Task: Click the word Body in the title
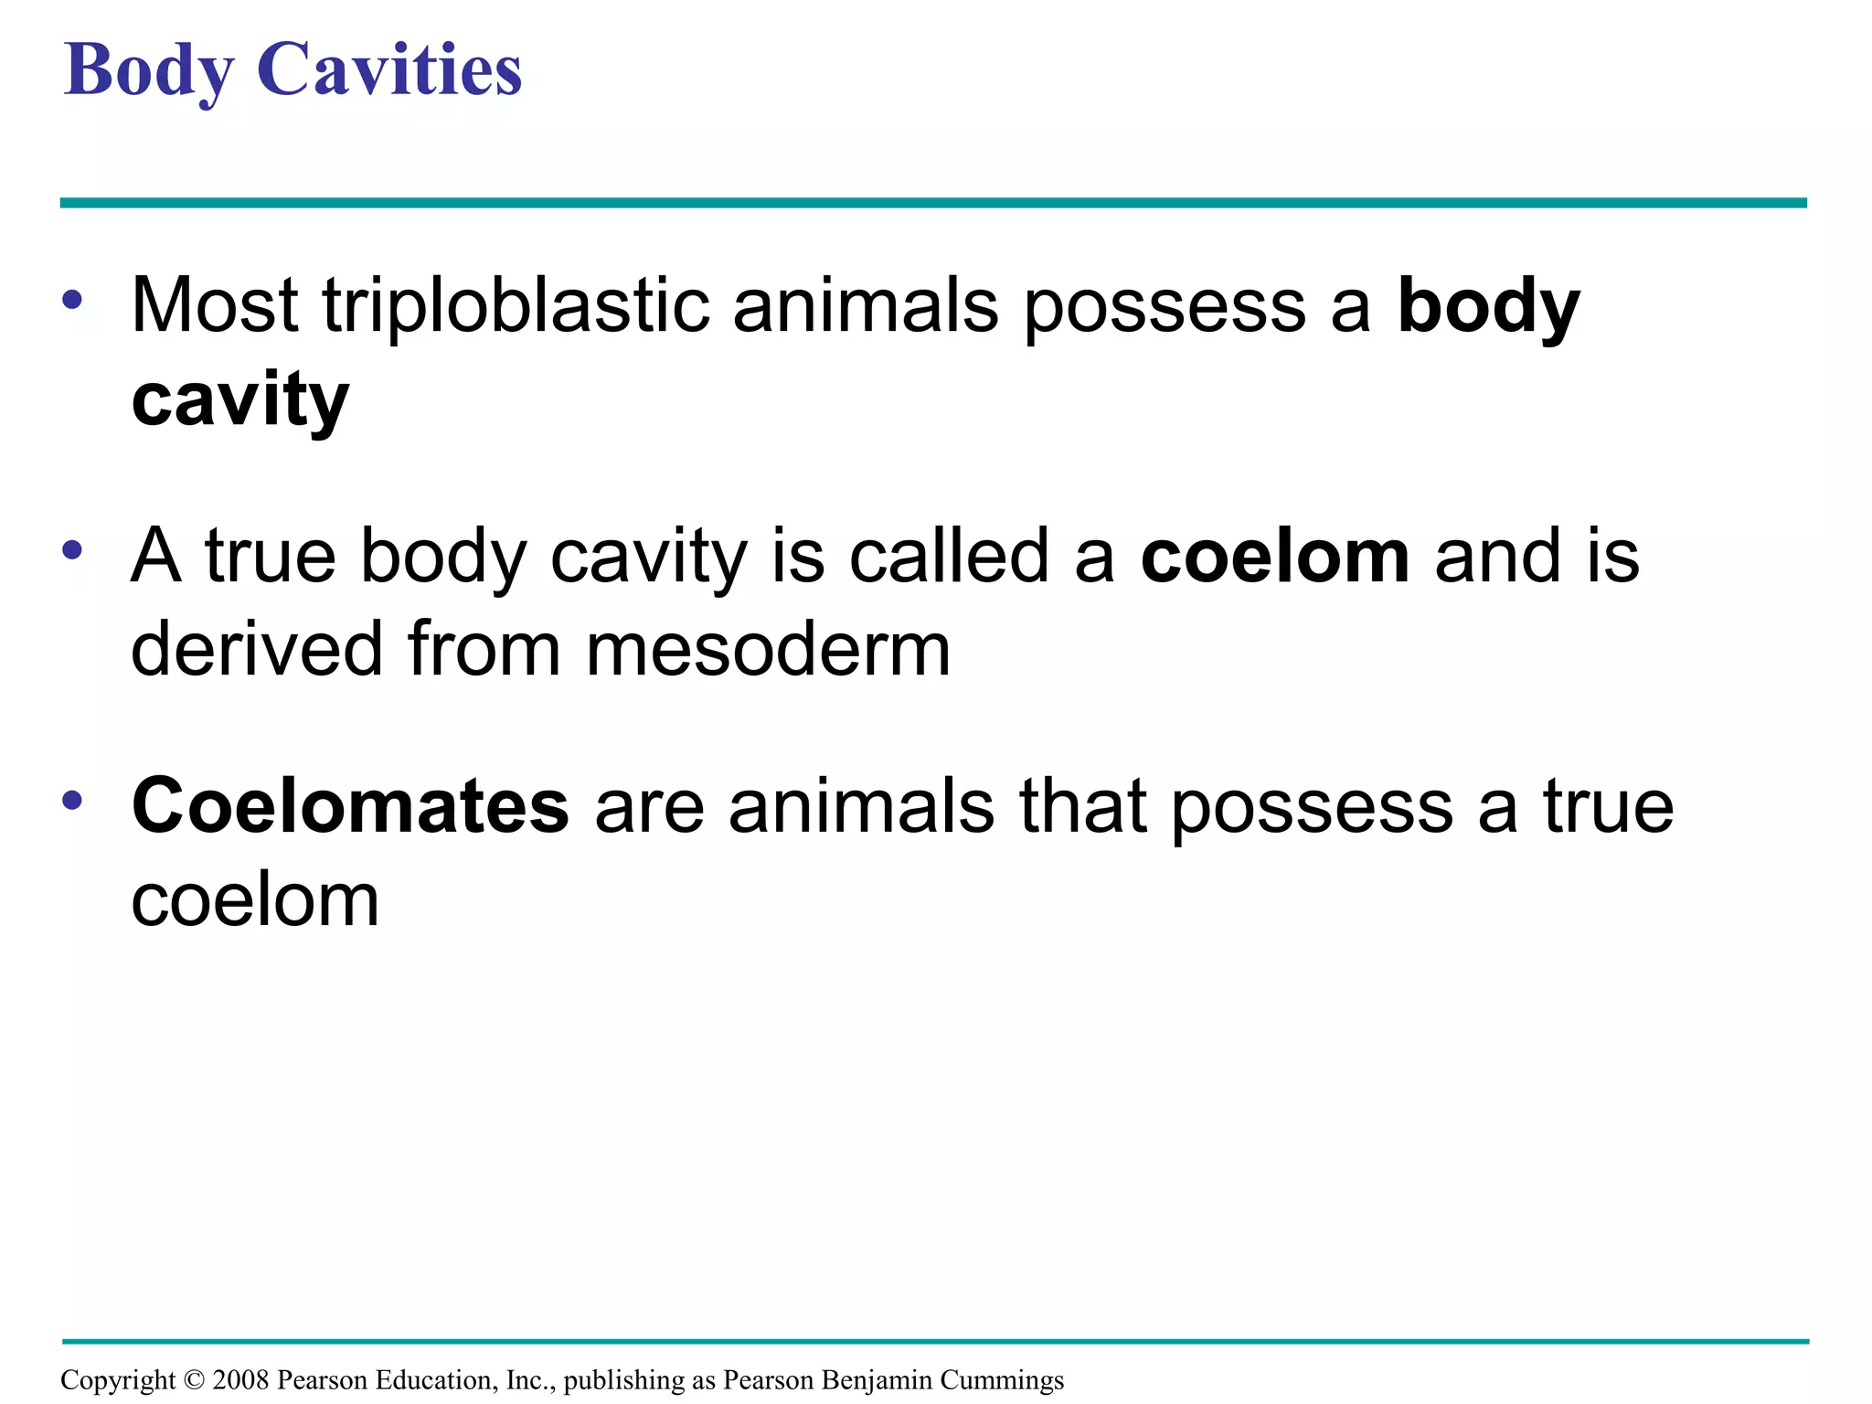pyautogui.click(x=149, y=71)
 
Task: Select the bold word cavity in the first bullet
pyautogui.click(x=240, y=400)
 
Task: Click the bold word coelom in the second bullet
pyautogui.click(x=1275, y=557)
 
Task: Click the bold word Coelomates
pyautogui.click(x=350, y=806)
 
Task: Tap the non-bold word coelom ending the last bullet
pyautogui.click(x=255, y=900)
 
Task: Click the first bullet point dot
pyautogui.click(x=73, y=300)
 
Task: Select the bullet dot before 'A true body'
pyautogui.click(x=73, y=550)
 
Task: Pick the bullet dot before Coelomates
pyautogui.click(x=73, y=801)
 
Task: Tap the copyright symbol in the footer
pyautogui.click(x=194, y=1379)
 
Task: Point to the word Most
pyautogui.click(x=215, y=305)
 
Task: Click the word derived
pyautogui.click(x=257, y=650)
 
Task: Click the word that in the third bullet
pyautogui.click(x=1083, y=806)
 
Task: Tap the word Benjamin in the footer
pyautogui.click(x=877, y=1379)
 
